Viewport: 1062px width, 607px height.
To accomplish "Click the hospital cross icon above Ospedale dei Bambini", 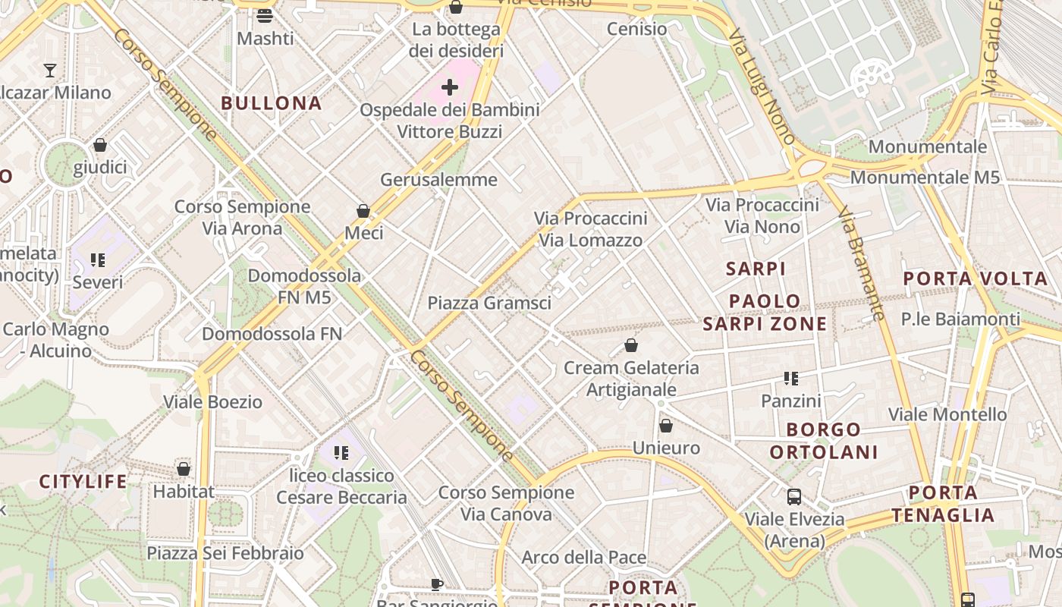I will click(x=450, y=87).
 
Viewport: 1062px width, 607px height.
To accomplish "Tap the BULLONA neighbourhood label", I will click(x=272, y=103).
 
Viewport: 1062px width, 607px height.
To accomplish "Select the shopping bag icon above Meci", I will click(x=363, y=211).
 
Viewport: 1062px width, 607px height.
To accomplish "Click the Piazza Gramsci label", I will click(x=489, y=303).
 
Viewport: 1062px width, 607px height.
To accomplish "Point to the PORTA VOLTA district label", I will click(x=976, y=278).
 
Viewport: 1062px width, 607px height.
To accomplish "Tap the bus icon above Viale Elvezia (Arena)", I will click(x=794, y=497).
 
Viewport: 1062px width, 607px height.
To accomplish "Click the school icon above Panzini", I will click(x=791, y=378).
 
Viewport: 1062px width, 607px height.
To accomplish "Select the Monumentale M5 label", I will click(x=925, y=178).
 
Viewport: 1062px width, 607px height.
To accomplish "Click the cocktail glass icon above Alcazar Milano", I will click(x=50, y=71).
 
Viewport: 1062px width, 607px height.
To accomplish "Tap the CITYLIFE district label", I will click(x=83, y=482).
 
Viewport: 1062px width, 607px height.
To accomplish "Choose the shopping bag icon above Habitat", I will click(x=184, y=469).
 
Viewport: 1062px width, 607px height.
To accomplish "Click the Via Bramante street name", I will click(x=862, y=263).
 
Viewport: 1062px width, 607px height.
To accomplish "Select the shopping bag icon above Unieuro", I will click(x=666, y=426).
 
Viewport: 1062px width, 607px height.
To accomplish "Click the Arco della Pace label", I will click(x=584, y=558).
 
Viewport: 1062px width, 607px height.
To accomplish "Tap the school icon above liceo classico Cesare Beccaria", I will click(x=341, y=453).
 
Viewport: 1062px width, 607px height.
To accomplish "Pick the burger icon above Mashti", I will click(x=265, y=15).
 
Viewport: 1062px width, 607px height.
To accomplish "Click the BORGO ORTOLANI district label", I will click(x=824, y=441).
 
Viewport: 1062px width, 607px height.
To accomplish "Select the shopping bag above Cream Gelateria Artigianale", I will click(x=631, y=345).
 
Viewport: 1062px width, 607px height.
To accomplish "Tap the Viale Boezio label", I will click(x=213, y=402).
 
